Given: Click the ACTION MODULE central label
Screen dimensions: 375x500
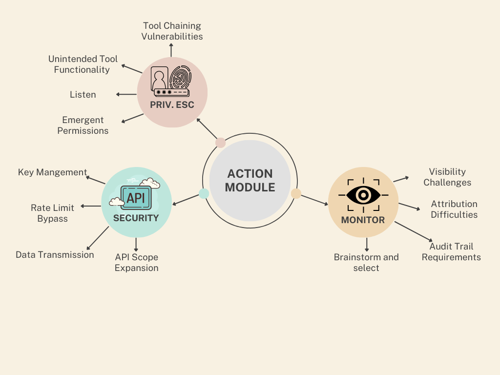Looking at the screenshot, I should (250, 180).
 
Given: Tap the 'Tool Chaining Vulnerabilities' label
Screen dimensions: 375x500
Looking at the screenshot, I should (172, 31).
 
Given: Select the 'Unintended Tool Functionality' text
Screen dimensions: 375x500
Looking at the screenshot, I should (83, 64).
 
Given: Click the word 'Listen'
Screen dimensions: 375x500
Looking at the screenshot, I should (83, 95).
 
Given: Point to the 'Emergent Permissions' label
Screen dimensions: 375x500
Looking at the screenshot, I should (83, 125).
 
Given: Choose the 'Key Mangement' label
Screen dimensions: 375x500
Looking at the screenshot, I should (52, 172).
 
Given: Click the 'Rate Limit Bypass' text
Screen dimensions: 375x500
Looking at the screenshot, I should (53, 213).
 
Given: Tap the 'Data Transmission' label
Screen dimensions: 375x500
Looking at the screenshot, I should (55, 255).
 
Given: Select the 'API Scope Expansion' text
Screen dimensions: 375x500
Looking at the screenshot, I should (137, 262).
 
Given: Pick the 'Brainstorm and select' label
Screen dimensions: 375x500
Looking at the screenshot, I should (366, 262).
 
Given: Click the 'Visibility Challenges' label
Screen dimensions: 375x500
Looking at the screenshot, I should (447, 177).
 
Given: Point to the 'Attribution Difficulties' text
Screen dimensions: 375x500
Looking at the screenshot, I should (454, 209).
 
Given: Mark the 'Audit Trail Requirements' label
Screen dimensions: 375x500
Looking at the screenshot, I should (451, 252).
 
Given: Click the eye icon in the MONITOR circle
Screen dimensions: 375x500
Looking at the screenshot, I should (363, 195).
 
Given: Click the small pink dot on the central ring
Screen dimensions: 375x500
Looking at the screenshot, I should (220, 143).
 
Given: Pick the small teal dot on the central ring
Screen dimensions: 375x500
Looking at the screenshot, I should (204, 193).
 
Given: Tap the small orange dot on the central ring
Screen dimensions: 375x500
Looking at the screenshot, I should (296, 193).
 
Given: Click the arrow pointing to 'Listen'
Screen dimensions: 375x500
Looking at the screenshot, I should (126, 94).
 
